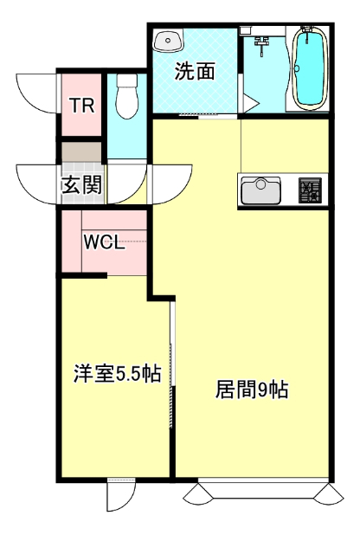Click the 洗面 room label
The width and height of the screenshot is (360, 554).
click(x=195, y=73)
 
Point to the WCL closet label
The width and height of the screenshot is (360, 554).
click(x=104, y=242)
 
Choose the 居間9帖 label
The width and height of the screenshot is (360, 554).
click(x=251, y=390)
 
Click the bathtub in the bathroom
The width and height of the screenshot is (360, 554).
click(x=308, y=69)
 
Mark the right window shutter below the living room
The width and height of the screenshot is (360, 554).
click(x=330, y=495)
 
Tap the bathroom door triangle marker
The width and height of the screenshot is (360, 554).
click(x=249, y=102)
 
